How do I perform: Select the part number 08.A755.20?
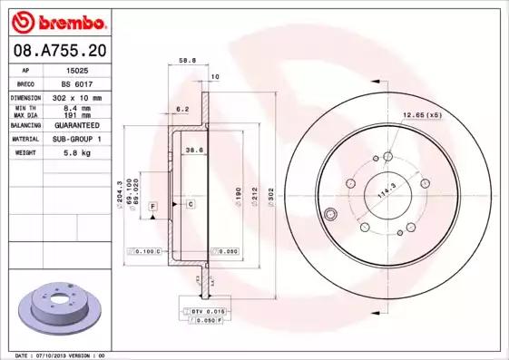pos(59,51)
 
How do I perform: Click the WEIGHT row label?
pos(24,153)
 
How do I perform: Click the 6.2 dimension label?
pos(181,109)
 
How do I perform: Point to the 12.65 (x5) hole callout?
pos(422,115)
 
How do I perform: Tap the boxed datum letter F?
pos(152,208)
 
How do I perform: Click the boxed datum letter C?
pos(191,204)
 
